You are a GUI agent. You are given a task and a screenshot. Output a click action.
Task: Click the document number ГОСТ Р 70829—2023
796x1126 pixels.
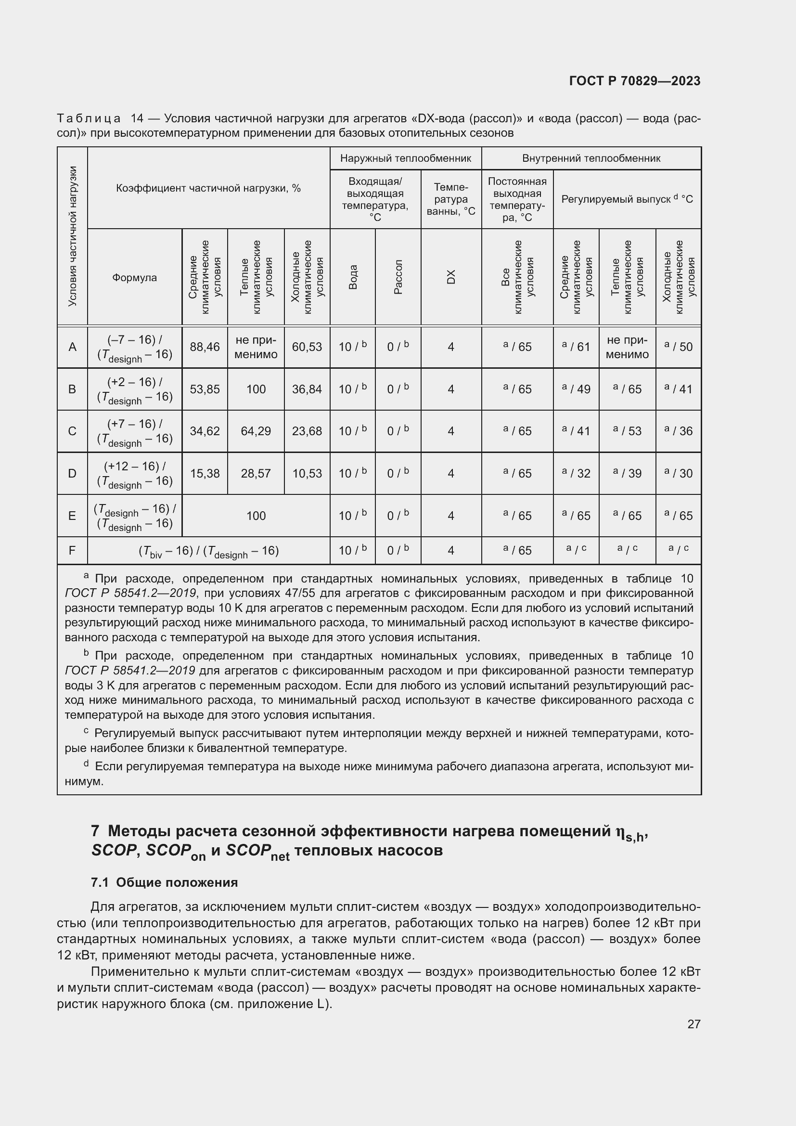point(635,81)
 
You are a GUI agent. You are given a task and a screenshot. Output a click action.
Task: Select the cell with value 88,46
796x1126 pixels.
point(205,347)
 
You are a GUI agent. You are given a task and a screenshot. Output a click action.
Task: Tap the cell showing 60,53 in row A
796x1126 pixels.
point(307,347)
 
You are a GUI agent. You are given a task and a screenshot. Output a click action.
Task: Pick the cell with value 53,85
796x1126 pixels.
point(205,389)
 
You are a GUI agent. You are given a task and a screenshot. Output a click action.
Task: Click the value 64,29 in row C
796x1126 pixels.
point(256,431)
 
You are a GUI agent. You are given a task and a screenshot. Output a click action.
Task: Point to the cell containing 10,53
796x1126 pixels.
point(307,474)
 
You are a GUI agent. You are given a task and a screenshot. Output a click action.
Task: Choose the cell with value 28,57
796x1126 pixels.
point(256,474)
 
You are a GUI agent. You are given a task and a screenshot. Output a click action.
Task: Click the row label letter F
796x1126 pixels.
point(72,551)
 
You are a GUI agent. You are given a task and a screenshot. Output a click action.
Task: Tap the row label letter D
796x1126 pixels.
point(72,474)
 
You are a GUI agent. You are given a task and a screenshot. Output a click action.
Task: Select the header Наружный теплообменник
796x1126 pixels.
point(405,158)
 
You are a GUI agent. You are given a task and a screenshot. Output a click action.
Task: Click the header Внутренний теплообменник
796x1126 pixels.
point(591,158)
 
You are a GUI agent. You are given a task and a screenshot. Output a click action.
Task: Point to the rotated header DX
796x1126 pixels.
point(451,277)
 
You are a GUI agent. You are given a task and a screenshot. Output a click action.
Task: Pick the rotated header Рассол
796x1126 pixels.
point(398,277)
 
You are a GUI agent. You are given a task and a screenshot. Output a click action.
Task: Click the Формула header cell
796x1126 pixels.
point(134,278)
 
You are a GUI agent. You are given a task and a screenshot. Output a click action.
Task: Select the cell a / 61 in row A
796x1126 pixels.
point(576,347)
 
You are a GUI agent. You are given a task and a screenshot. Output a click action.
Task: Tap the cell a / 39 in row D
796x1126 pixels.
point(627,474)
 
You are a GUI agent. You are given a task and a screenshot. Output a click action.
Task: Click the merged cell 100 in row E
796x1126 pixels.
point(256,516)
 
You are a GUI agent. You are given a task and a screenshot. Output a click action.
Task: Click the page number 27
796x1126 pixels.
point(693,1024)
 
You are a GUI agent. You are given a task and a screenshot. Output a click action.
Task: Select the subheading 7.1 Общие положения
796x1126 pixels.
point(164,883)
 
